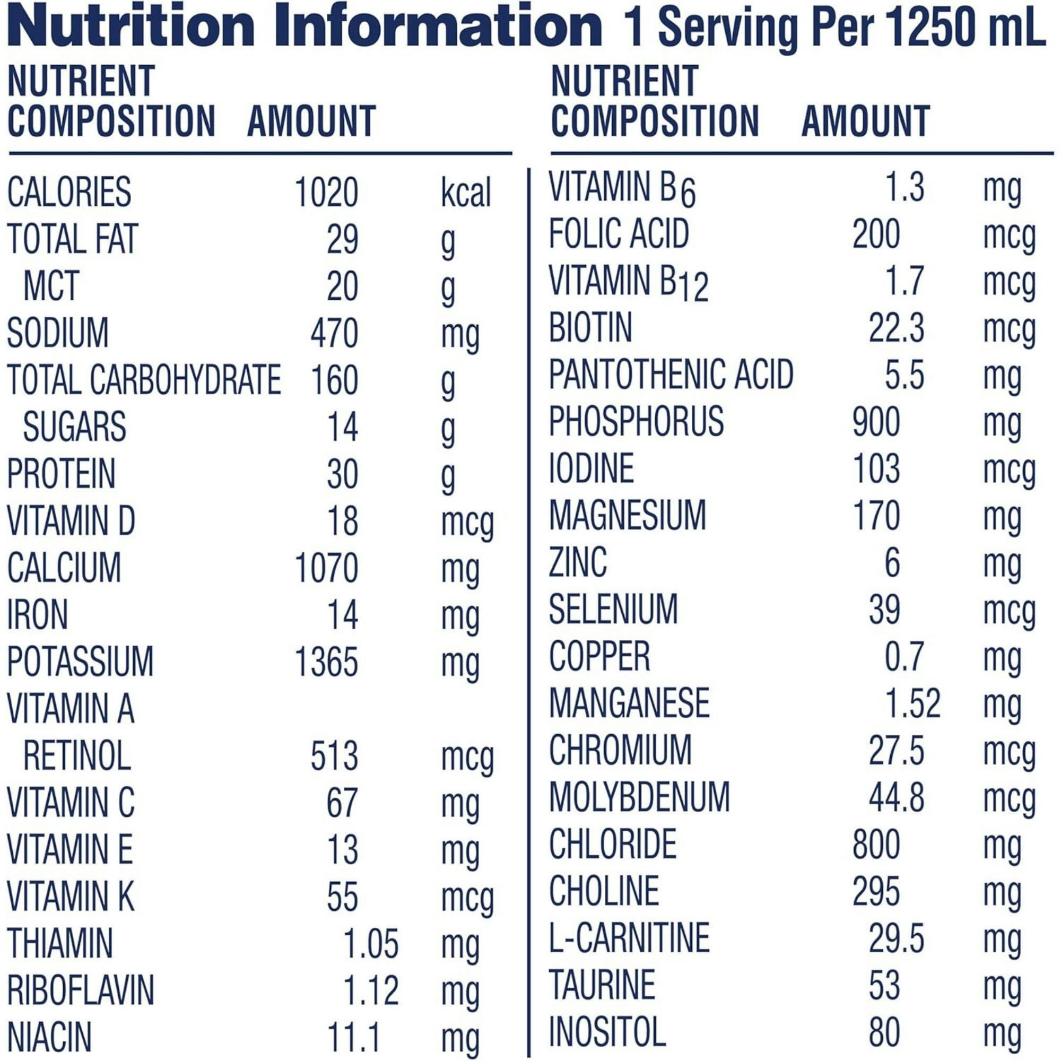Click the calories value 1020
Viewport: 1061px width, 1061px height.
point(326,193)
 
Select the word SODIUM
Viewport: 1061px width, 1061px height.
point(58,333)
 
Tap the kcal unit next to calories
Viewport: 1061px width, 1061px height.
point(466,193)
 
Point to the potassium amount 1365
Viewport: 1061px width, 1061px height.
point(326,661)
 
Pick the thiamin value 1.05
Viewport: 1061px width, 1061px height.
point(371,943)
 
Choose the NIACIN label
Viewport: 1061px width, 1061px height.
point(49,1037)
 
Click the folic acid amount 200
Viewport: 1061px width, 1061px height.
point(876,234)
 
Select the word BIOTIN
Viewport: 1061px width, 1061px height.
point(590,328)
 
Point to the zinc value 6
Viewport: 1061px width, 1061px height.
point(892,563)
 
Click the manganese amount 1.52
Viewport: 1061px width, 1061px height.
point(912,703)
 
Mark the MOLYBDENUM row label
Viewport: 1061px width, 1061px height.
point(639,797)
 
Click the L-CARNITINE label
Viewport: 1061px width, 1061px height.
point(629,938)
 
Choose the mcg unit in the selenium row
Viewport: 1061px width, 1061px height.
point(1010,612)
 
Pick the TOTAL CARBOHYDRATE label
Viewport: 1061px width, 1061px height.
point(144,380)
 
